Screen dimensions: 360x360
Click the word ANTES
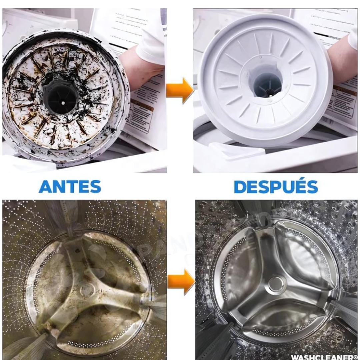coord(70,187)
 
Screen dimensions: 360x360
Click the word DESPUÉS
coord(276,187)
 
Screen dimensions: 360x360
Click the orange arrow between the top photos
coord(180,90)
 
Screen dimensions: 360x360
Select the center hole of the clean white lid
coord(267,85)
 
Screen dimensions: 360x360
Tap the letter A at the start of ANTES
coord(46,187)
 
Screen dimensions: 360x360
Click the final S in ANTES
coord(95,187)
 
